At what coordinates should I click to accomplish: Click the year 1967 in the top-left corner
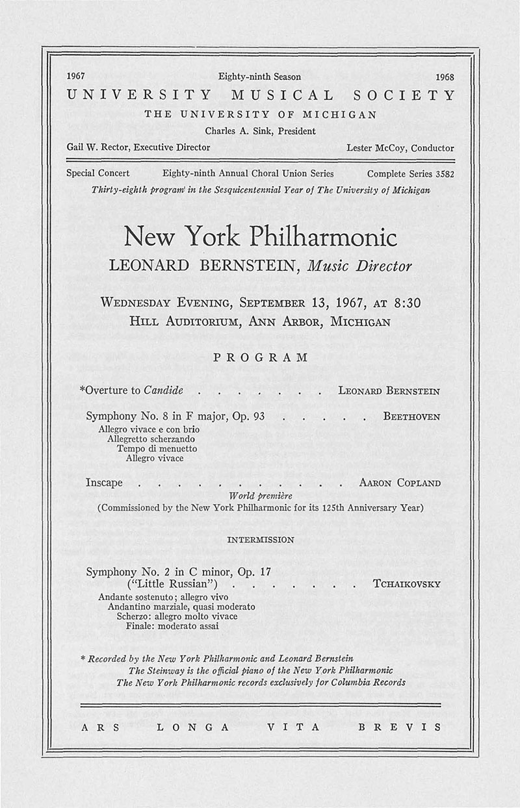(x=77, y=77)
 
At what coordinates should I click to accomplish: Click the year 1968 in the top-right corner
(x=445, y=77)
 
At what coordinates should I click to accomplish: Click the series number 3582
(x=441, y=174)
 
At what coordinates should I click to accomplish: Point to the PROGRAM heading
(x=260, y=357)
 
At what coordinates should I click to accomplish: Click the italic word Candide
(x=164, y=391)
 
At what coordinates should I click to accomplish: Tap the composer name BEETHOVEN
(x=412, y=416)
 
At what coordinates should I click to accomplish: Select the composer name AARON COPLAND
(x=400, y=483)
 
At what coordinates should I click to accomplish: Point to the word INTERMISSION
(x=260, y=540)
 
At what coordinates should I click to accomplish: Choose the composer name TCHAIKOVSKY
(x=407, y=584)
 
